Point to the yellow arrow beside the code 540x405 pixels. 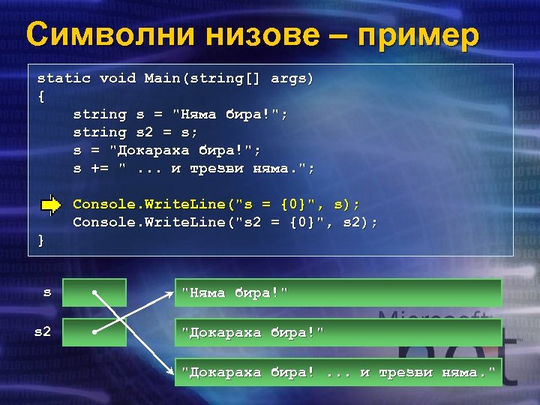[x=51, y=204]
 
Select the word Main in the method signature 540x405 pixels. [x=162, y=78]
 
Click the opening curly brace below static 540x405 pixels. [x=41, y=96]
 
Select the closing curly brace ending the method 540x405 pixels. [x=41, y=240]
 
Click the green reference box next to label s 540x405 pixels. [x=94, y=292]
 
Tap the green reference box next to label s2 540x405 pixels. [x=94, y=331]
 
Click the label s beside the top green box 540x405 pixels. [x=47, y=292]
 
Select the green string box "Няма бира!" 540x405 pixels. [x=337, y=292]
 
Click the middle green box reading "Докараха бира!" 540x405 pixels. [x=337, y=331]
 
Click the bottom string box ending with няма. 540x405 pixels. [x=337, y=372]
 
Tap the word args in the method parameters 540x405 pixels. [x=289, y=78]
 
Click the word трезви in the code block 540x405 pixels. [x=217, y=168]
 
